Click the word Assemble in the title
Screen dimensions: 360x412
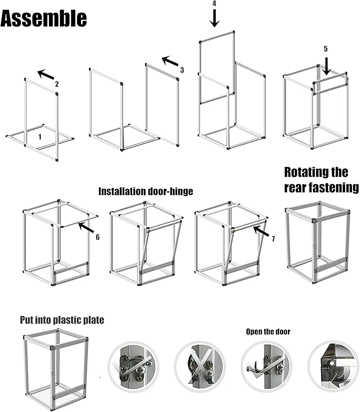click(x=44, y=18)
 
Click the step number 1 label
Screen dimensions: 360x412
click(x=40, y=137)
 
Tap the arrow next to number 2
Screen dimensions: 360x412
click(x=46, y=74)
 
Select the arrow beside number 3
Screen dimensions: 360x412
click(x=170, y=61)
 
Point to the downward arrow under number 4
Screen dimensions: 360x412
click(x=214, y=18)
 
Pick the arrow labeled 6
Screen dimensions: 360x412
click(x=86, y=228)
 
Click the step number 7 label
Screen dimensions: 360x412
click(x=273, y=239)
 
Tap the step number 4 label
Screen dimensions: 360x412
click(x=214, y=4)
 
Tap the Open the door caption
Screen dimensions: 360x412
click(x=268, y=332)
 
